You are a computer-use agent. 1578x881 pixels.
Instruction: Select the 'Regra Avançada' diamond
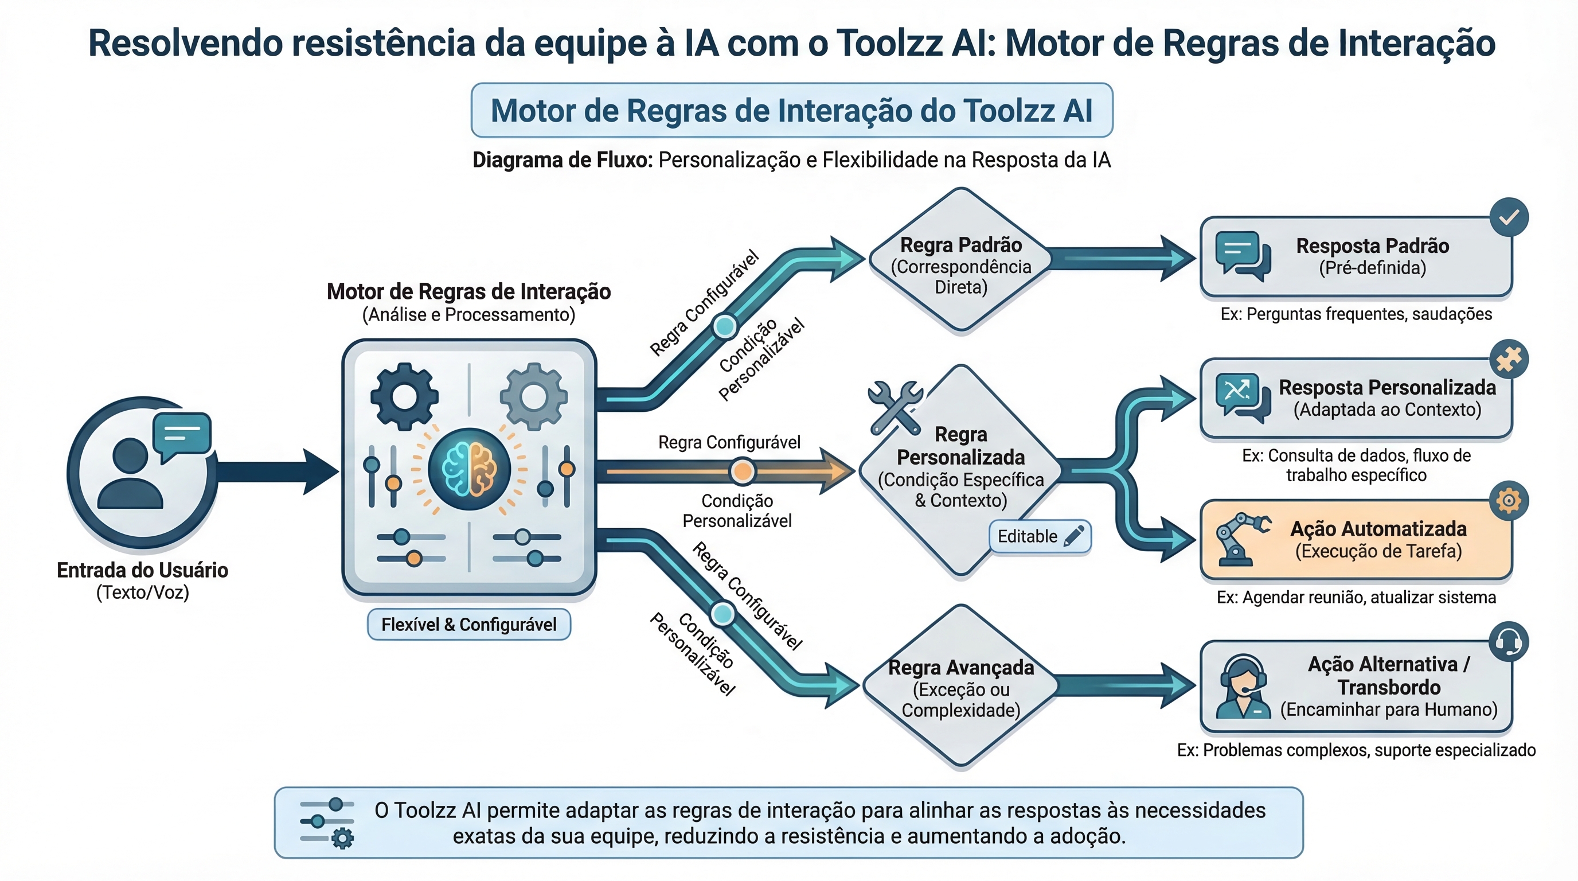pyautogui.click(x=960, y=686)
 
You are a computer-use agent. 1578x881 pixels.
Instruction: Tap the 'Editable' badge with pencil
pyautogui.click(x=1040, y=537)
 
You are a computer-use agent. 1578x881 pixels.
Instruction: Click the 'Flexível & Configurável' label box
pyautogui.click(x=468, y=624)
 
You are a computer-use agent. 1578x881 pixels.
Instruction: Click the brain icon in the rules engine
pyautogui.click(x=469, y=469)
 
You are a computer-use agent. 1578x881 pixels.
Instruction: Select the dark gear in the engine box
pyautogui.click(x=404, y=396)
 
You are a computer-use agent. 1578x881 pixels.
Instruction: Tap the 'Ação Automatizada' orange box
pyautogui.click(x=1356, y=540)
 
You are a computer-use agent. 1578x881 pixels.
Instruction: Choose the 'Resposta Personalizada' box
pyautogui.click(x=1356, y=398)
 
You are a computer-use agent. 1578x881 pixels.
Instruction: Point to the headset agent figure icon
pyautogui.click(x=1243, y=687)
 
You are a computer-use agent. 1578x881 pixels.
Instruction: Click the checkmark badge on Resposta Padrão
pyautogui.click(x=1509, y=217)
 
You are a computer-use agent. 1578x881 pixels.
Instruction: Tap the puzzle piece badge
pyautogui.click(x=1509, y=359)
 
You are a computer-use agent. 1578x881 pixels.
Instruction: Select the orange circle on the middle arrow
pyautogui.click(x=743, y=471)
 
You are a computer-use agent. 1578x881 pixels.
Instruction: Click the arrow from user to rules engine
pyautogui.click(x=276, y=471)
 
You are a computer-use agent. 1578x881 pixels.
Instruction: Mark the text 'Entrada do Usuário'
pyautogui.click(x=142, y=570)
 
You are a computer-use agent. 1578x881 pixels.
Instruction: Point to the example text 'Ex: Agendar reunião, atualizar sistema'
pyautogui.click(x=1356, y=597)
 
